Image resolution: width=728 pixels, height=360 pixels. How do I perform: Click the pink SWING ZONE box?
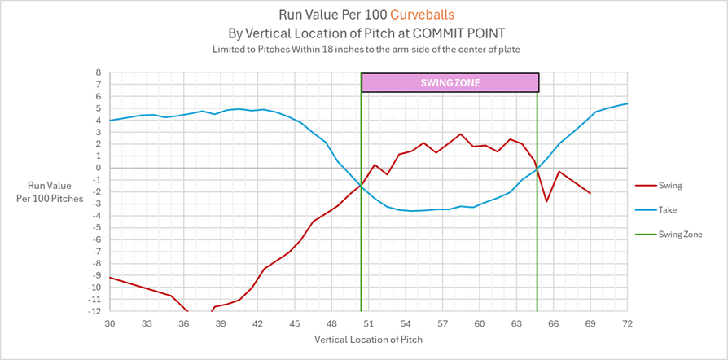[450, 82]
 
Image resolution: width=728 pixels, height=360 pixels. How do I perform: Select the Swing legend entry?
[669, 186]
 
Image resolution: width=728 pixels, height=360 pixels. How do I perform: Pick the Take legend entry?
[668, 210]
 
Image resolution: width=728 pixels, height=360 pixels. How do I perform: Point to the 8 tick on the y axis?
[98, 72]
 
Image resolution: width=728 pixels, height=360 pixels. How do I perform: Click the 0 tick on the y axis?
[98, 168]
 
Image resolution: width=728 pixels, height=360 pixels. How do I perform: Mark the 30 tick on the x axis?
[110, 323]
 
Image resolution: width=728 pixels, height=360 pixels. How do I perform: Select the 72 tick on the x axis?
[627, 323]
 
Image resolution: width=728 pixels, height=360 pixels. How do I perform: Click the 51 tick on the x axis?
[368, 323]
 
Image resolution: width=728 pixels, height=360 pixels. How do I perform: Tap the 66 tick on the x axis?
[553, 323]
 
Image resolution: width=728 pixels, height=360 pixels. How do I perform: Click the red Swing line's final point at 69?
[590, 193]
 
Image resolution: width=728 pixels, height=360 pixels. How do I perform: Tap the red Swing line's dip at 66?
[547, 201]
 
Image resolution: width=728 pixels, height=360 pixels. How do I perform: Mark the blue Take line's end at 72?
[627, 103]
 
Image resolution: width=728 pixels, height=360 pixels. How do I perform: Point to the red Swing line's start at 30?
[110, 278]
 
